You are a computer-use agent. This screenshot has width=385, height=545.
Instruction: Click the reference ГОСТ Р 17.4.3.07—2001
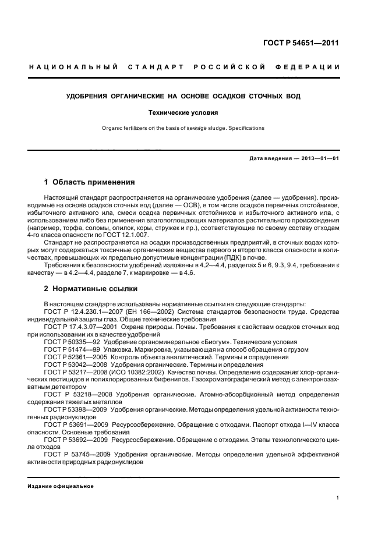click(x=78, y=327)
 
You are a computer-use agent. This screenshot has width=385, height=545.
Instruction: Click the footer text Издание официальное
click(x=61, y=486)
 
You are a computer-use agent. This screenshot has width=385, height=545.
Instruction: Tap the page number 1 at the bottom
click(x=338, y=498)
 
